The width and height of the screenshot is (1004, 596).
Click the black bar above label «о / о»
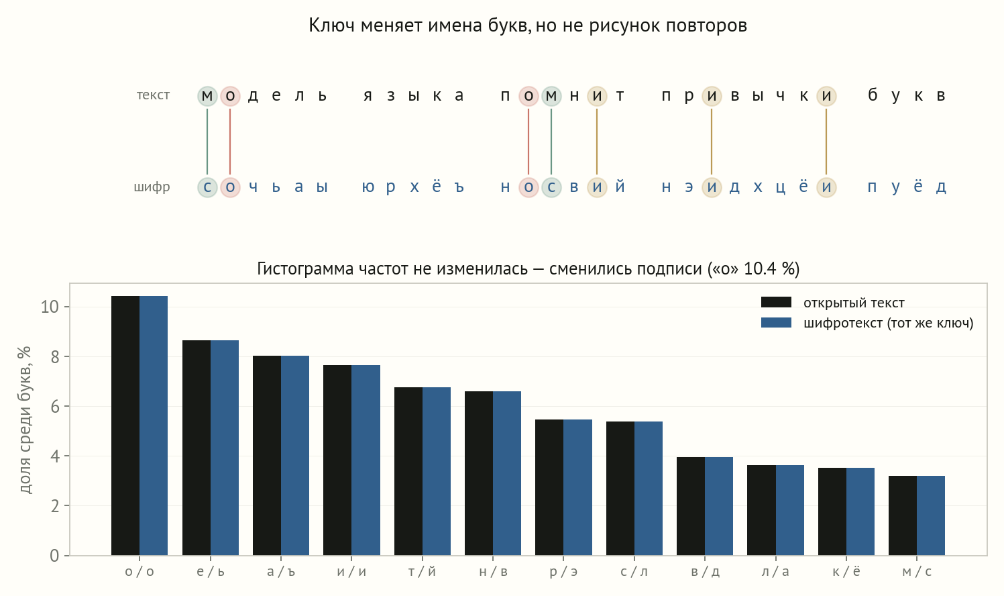125,426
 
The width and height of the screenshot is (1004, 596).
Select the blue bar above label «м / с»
931,515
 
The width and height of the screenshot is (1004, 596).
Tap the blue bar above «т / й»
437,471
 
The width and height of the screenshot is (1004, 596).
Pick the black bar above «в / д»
691,506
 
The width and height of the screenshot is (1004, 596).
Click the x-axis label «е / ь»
210,571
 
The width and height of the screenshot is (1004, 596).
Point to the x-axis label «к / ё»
846,571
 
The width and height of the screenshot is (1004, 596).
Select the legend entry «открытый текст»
832,303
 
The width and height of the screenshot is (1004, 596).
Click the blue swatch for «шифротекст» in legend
777,323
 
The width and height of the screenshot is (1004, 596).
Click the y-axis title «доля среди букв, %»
25,419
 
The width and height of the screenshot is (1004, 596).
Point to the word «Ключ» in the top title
332,25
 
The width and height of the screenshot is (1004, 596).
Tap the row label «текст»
153,95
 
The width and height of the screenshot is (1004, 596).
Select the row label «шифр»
152,187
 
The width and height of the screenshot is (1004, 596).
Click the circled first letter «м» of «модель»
207,96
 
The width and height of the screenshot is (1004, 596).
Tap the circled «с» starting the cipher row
207,187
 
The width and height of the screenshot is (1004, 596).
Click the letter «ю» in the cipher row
368,187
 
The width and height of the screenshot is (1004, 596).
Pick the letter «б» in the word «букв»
873,95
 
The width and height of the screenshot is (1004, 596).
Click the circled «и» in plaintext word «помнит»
597,96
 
